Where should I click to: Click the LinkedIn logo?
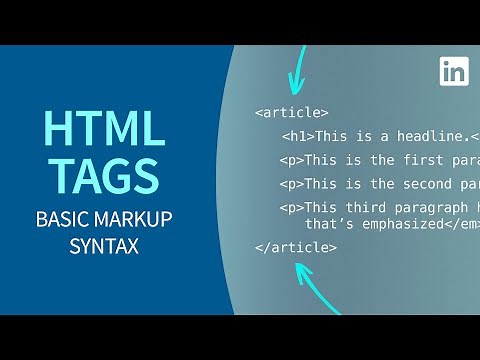[454, 71]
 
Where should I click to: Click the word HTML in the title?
[103, 131]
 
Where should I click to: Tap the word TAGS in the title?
[103, 175]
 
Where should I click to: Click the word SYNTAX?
[103, 245]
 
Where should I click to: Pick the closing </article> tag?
[295, 246]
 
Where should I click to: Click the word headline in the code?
[420, 136]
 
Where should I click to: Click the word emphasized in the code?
[394, 223]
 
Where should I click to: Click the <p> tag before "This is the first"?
[291, 159]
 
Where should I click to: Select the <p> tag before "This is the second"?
[291, 183]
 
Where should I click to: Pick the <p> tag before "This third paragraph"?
[291, 207]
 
